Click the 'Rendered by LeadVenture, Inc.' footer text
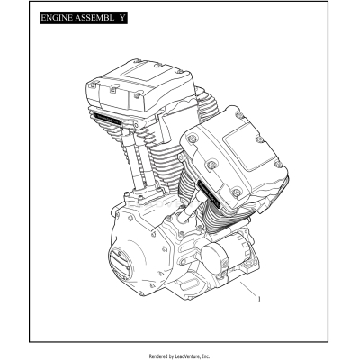[180, 354]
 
